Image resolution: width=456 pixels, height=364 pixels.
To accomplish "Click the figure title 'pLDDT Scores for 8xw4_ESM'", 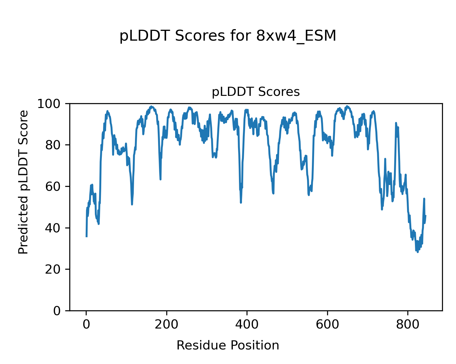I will pyautogui.click(x=228, y=36).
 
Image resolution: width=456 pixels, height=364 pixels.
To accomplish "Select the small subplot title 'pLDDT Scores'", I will pyautogui.click(x=256, y=92).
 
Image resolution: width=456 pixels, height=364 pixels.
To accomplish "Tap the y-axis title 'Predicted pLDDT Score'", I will pyautogui.click(x=23, y=182).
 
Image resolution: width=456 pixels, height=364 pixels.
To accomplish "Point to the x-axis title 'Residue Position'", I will pyautogui.click(x=228, y=345).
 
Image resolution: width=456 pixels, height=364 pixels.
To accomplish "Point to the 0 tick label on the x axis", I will pyautogui.click(x=86, y=324).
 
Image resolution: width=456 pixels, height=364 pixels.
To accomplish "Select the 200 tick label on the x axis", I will pyautogui.click(x=167, y=324).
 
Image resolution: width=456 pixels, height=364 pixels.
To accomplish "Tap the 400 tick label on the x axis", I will pyautogui.click(x=247, y=324).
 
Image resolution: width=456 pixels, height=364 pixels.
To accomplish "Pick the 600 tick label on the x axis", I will pyautogui.click(x=327, y=324).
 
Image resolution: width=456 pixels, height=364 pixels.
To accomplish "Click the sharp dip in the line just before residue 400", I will pyautogui.click(x=241, y=202).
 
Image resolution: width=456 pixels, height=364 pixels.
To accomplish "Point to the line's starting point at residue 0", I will pyautogui.click(x=87, y=236).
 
